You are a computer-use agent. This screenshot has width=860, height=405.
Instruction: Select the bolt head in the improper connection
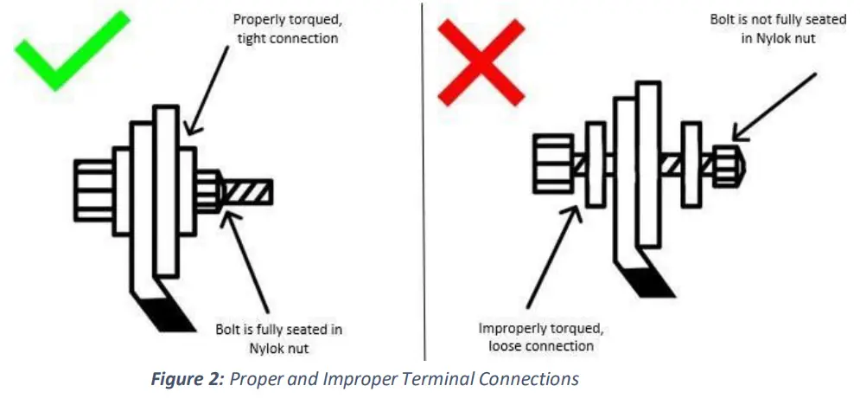point(552,163)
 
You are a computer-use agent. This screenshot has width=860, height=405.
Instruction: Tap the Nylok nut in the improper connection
point(728,164)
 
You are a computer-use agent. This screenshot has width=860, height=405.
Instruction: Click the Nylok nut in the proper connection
point(210,192)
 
